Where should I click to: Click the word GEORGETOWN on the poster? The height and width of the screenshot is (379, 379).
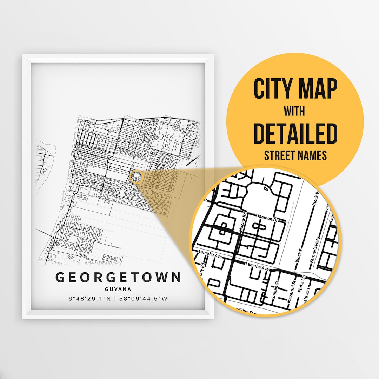pos(118,277)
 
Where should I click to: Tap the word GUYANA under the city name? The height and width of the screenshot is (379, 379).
pos(118,290)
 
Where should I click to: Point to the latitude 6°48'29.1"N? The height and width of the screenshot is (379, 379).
pos(90,299)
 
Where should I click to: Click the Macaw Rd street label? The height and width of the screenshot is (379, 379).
pos(241,223)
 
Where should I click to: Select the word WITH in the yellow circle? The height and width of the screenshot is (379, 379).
pos(295,111)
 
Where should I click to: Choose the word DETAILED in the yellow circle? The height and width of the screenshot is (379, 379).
pos(295,134)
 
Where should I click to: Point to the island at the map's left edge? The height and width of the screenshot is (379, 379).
pos(46,158)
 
